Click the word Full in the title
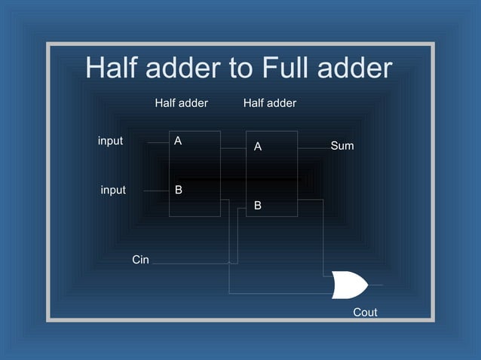[x=289, y=69]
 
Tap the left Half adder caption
[x=181, y=102]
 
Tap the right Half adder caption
[x=270, y=102]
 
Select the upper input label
[x=110, y=141]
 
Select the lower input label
[x=113, y=191]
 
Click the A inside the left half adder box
[x=178, y=141]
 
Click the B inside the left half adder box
[x=179, y=191]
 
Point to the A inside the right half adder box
[x=258, y=147]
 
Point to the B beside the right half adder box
[x=258, y=205]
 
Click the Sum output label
[x=342, y=145]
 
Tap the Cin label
[x=140, y=260]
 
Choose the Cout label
[x=365, y=312]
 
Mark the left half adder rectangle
[x=195, y=173]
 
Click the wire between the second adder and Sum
[x=313, y=148]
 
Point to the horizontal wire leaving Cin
[x=188, y=264]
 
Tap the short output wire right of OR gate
[x=375, y=285]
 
